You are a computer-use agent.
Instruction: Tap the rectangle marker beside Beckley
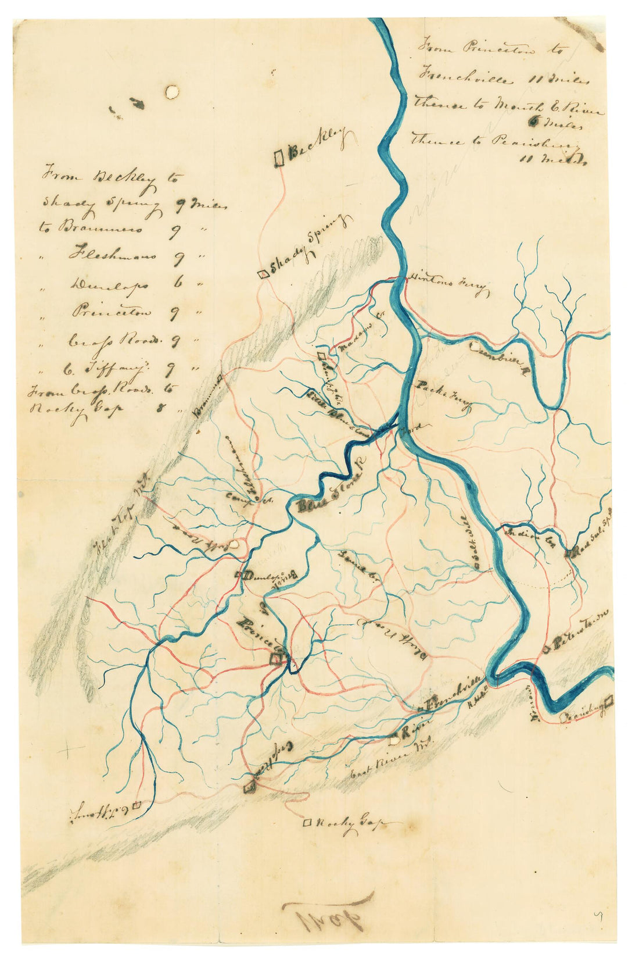tap(279, 158)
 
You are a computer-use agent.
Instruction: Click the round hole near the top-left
tap(172, 91)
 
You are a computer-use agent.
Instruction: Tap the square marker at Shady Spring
tap(263, 273)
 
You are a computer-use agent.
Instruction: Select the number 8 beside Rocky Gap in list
tap(159, 408)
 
